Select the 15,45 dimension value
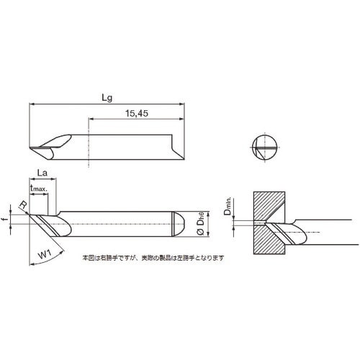[x=136, y=112]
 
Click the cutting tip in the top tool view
[x=32, y=150]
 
